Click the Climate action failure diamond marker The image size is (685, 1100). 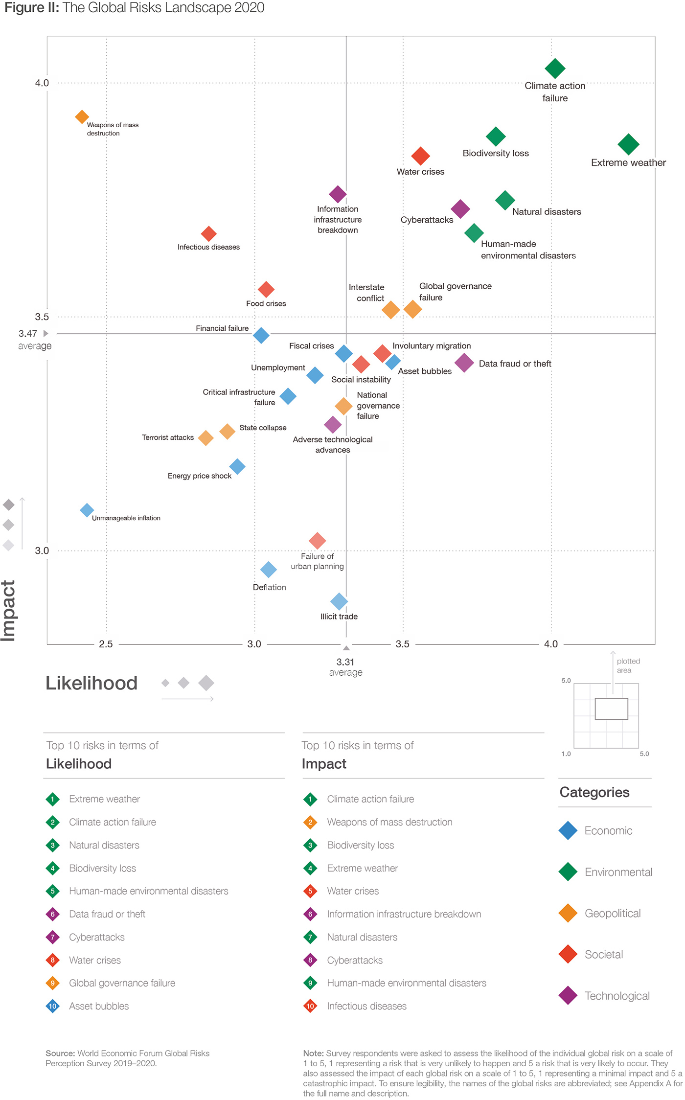[554, 69]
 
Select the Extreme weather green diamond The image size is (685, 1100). [628, 144]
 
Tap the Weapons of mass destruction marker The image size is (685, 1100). [82, 117]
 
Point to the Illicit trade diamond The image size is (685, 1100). [339, 601]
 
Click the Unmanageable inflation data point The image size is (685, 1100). [87, 510]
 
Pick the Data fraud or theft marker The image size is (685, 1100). [464, 363]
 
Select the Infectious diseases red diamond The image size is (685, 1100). [208, 234]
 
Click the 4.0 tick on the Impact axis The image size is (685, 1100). [42, 83]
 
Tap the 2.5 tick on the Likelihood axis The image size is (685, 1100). [106, 644]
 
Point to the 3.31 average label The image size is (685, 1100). [345, 662]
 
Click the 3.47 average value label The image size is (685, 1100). [28, 334]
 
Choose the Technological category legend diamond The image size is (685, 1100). [568, 995]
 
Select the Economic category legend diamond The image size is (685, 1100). [568, 830]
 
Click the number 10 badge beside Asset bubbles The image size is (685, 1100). [53, 1006]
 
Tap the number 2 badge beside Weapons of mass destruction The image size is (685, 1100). [310, 822]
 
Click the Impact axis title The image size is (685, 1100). [9, 610]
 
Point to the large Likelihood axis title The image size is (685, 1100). [91, 683]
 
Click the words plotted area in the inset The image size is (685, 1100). [628, 665]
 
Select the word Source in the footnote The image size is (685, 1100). [60, 1053]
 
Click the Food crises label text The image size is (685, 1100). [266, 303]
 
